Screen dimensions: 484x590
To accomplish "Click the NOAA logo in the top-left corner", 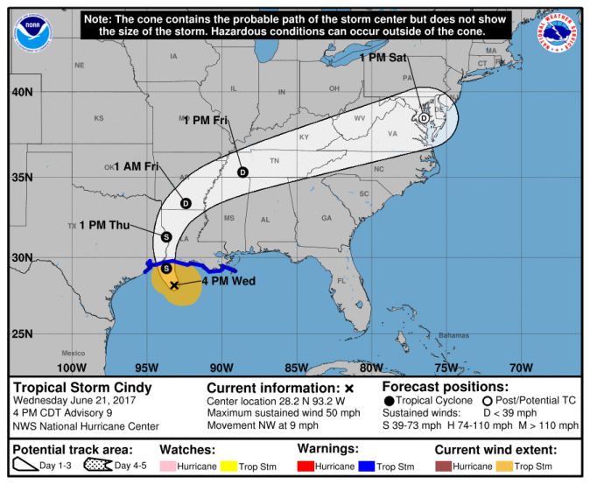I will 32,32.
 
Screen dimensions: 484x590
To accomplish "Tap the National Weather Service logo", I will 558,32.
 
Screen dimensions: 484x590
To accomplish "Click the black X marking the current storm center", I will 174,285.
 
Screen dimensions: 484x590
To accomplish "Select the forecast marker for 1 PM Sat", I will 424,118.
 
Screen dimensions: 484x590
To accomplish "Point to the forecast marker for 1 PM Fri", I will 242,172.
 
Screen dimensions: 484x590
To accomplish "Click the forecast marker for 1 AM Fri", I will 186,203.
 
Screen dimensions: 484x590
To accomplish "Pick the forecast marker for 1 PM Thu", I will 165,236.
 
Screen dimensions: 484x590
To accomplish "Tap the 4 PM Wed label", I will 228,282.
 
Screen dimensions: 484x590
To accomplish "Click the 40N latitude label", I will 22,92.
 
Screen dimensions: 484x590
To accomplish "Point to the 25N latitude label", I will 22,333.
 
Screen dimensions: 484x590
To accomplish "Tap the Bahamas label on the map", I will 454,336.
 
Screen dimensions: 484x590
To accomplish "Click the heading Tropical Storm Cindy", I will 82,388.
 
